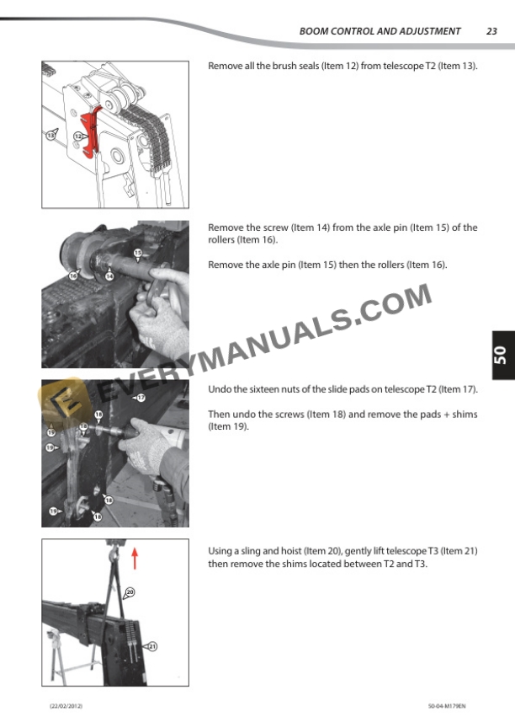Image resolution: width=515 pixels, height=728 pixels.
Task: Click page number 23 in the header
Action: (491, 31)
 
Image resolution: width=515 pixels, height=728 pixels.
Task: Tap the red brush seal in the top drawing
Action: (92, 132)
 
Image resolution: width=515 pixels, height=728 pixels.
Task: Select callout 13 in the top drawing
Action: (50, 135)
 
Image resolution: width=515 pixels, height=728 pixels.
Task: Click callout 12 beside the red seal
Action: (78, 136)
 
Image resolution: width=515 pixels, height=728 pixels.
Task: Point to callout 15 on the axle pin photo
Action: (138, 253)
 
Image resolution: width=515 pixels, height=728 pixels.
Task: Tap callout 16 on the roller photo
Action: (72, 276)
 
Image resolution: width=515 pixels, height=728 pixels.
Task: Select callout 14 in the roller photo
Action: (109, 276)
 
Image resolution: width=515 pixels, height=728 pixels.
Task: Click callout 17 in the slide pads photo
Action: (141, 398)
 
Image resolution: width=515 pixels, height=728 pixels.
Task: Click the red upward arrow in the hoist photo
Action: (135, 558)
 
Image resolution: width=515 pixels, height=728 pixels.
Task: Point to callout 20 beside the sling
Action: (130, 592)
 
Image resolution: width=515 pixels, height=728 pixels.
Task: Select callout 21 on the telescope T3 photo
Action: (152, 645)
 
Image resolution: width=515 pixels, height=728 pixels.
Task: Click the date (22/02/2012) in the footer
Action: (66, 706)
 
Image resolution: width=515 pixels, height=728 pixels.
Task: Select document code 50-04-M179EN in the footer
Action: (447, 706)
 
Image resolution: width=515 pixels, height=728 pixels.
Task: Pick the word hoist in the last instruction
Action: (291, 551)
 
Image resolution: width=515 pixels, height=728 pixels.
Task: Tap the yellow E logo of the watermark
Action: (61, 400)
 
